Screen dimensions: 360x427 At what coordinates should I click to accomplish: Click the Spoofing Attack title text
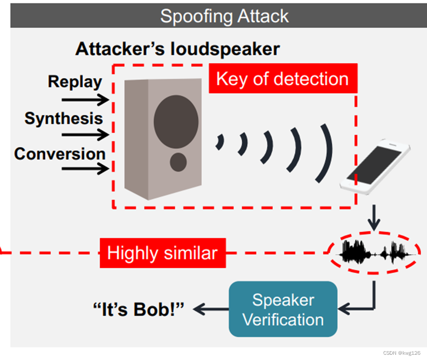(x=224, y=16)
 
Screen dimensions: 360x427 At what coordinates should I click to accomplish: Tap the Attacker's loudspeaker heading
(x=177, y=49)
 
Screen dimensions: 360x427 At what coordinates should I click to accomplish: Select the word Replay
(x=75, y=82)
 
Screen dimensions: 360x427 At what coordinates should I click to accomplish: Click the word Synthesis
(x=64, y=118)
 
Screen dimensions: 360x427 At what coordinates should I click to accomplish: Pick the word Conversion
(x=60, y=154)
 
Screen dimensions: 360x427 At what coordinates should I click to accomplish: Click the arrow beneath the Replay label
(x=85, y=100)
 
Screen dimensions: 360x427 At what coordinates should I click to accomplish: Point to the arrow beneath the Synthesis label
(x=85, y=135)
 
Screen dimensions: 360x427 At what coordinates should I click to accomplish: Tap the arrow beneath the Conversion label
(x=85, y=168)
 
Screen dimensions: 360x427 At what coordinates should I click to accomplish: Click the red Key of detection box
(x=282, y=79)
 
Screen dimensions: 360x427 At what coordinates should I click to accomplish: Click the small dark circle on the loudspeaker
(x=178, y=162)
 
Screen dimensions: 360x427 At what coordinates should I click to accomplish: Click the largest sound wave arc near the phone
(x=325, y=152)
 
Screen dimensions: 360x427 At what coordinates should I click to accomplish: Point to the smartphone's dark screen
(x=375, y=165)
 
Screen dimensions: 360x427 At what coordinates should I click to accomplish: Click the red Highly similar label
(x=163, y=253)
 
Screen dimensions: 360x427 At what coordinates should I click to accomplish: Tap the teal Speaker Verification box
(x=283, y=309)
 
